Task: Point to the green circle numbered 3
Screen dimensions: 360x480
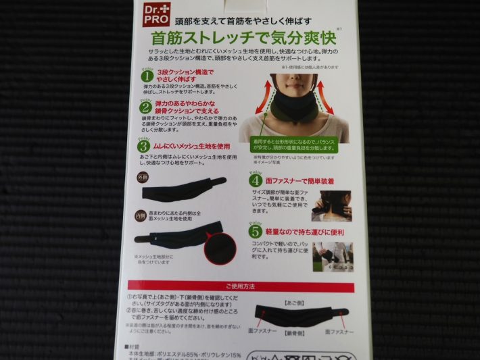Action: (144, 146)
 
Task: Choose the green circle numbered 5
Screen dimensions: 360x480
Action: (256, 229)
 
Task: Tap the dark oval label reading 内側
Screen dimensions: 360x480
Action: (141, 215)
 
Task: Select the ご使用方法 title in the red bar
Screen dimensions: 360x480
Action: (241, 286)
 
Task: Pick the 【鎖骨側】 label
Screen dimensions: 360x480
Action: (296, 332)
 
